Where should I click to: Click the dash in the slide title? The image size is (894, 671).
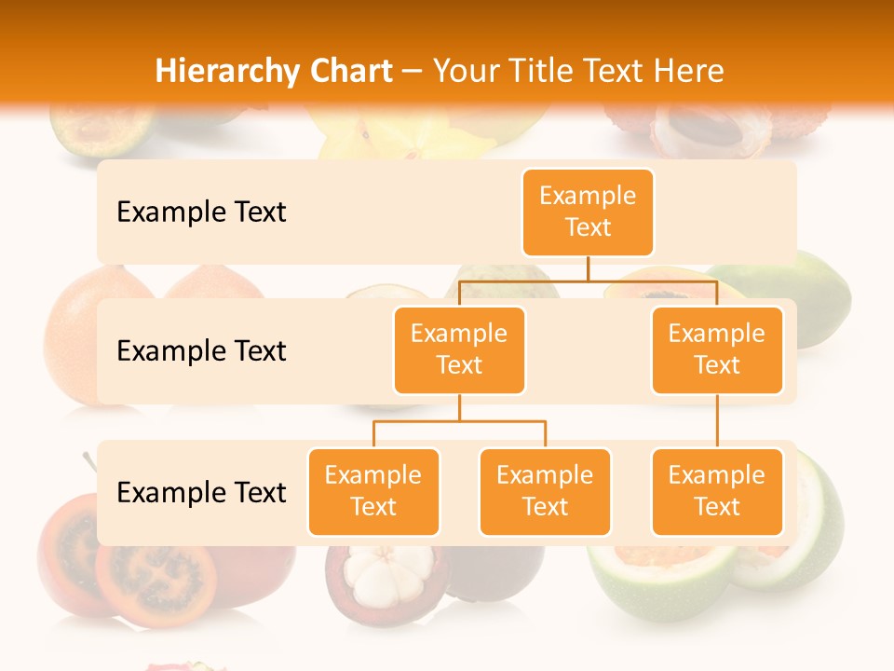pos(413,72)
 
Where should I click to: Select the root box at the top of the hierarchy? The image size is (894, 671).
pos(588,212)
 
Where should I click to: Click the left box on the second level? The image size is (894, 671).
pos(459,349)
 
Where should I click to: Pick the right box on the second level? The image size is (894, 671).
pos(717,349)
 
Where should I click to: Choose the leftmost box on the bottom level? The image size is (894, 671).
pos(373,491)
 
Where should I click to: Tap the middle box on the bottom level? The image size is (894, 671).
pos(545,491)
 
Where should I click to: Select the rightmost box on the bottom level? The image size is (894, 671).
pos(717,491)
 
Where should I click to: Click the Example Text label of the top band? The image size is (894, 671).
pos(201,212)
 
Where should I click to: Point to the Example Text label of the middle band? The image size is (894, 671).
pos(201,351)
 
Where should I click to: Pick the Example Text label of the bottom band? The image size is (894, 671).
pos(201,493)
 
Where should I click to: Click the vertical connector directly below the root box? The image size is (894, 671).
pos(588,268)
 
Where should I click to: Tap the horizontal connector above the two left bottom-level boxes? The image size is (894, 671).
pos(459,421)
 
